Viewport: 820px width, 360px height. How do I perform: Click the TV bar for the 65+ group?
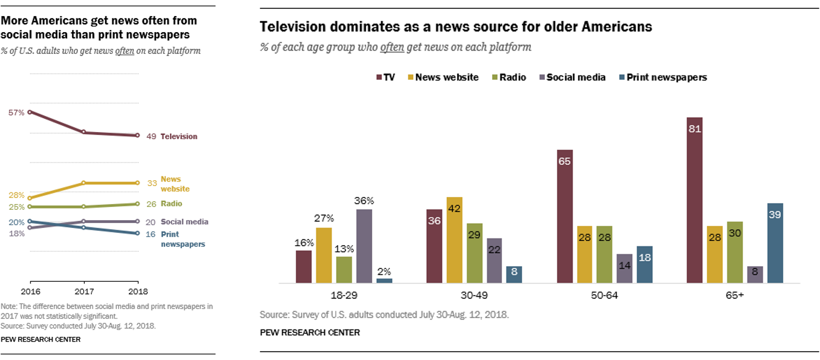[694, 200]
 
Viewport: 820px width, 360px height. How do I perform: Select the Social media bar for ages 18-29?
[364, 246]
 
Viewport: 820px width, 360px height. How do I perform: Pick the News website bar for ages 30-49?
[454, 240]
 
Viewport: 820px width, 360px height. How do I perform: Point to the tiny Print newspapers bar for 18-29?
[384, 281]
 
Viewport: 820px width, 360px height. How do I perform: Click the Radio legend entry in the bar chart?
[509, 77]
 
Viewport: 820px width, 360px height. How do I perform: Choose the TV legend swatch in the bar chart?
[378, 77]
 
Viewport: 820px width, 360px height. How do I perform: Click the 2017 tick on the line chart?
[83, 291]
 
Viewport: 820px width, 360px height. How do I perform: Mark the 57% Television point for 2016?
[30, 112]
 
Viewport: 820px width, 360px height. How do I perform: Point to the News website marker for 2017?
[83, 182]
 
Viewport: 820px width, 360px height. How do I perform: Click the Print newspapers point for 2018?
[137, 234]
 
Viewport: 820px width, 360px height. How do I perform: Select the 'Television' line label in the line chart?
[179, 136]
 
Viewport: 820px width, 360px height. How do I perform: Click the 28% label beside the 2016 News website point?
[16, 195]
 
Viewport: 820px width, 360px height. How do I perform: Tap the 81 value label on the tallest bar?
[694, 130]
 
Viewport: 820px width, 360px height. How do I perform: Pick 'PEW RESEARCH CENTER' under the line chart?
[41, 339]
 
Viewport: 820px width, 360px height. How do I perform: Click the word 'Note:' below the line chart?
[9, 306]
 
